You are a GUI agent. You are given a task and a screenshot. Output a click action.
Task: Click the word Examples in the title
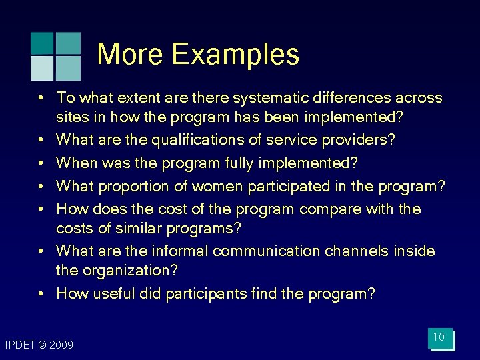(x=236, y=54)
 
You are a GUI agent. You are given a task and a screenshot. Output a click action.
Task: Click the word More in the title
(x=131, y=54)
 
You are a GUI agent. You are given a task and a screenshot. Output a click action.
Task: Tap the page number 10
(x=439, y=337)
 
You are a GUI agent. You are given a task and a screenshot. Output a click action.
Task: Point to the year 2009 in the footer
(x=61, y=345)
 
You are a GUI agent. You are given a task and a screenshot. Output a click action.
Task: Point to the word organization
(x=129, y=271)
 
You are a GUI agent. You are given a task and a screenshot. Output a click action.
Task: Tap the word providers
(x=361, y=140)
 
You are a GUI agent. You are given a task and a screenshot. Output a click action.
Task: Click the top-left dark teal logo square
(x=42, y=43)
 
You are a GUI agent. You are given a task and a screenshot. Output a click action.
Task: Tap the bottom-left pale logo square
(x=42, y=68)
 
